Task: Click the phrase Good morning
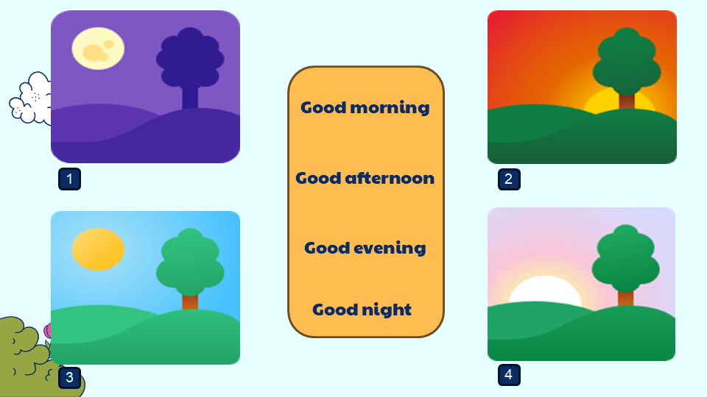point(365,108)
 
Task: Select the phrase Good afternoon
point(365,178)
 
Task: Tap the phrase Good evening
point(365,248)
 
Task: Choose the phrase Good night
point(362,310)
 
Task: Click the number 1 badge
point(69,179)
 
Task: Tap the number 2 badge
point(509,179)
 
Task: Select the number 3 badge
point(69,377)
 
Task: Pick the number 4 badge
point(509,375)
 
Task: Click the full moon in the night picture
point(98,49)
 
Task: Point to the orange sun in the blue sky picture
point(98,249)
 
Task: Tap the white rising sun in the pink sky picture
point(545,290)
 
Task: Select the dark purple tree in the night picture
point(190,68)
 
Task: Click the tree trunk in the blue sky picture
point(190,301)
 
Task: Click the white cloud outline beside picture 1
point(31,98)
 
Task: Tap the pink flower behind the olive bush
point(47,331)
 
